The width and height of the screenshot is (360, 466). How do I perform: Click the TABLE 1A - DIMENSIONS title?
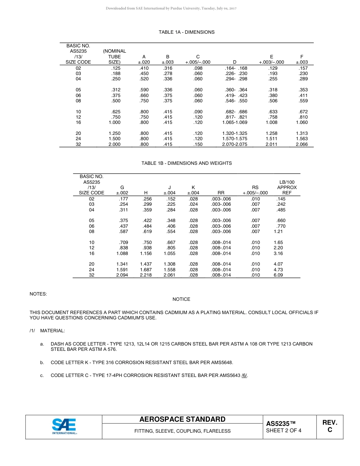[x=186, y=32]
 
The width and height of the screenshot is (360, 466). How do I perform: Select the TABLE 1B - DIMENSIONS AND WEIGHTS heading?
[x=186, y=163]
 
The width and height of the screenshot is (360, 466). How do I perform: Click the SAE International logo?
[x=64, y=426]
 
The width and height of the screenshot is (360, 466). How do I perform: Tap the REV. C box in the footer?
[x=330, y=426]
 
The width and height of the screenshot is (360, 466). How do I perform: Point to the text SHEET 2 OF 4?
[x=284, y=430]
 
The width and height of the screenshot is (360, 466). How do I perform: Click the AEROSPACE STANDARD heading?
[x=182, y=419]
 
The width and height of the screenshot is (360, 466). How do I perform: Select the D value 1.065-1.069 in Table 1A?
[x=235, y=122]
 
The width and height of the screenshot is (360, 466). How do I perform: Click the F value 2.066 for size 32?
[x=302, y=144]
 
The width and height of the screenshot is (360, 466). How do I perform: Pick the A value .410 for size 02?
[x=144, y=68]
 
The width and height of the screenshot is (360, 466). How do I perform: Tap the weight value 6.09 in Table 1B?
[x=278, y=275]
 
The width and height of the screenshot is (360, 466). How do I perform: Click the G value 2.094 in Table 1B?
[x=122, y=275]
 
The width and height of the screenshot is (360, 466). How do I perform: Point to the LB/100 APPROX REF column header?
[x=286, y=187]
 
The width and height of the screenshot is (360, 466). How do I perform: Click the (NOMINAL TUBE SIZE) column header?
[x=114, y=56]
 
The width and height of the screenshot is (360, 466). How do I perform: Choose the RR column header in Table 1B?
[x=221, y=193]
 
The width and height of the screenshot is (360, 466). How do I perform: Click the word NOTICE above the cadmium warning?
[x=181, y=299]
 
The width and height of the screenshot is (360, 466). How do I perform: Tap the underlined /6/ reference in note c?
[x=244, y=375]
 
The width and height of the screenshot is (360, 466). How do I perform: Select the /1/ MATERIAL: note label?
[x=47, y=331]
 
